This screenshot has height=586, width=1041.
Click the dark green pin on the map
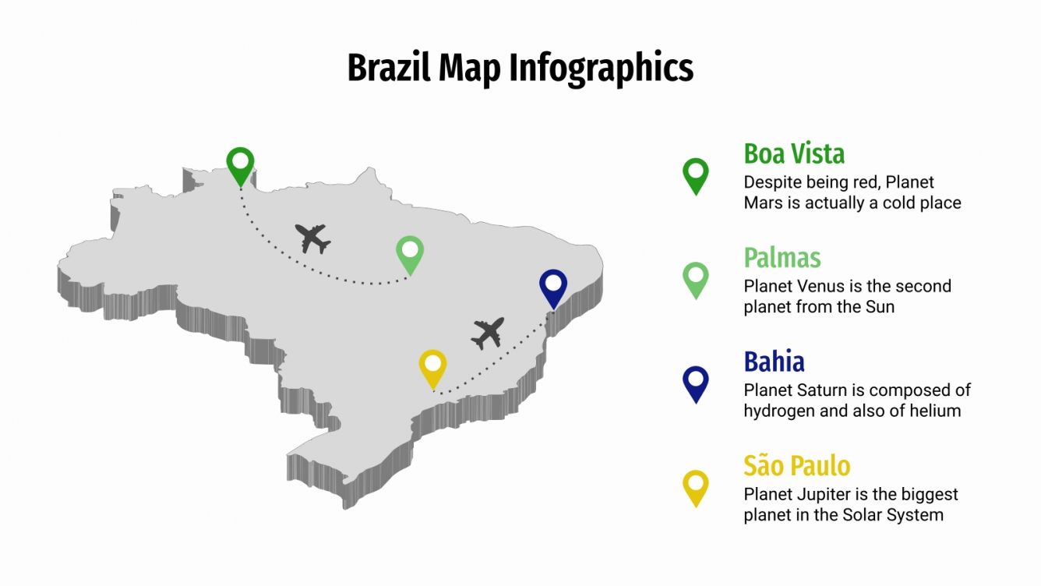241,165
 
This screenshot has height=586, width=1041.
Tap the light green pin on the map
410,253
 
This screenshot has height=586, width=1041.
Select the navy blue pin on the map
552,287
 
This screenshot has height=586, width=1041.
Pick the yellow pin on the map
432,368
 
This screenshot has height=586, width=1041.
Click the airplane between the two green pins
312,238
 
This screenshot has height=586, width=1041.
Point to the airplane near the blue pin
489,333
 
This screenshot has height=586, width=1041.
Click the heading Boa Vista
794,154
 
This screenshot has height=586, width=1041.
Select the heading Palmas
782,257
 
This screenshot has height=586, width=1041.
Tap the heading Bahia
774,362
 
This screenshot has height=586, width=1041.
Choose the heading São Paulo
796,466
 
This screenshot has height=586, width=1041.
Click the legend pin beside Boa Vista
695,175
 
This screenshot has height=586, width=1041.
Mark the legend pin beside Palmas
695,279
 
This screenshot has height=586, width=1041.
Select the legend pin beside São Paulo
695,487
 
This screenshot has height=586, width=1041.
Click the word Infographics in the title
602,68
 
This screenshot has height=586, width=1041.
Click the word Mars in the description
760,203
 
